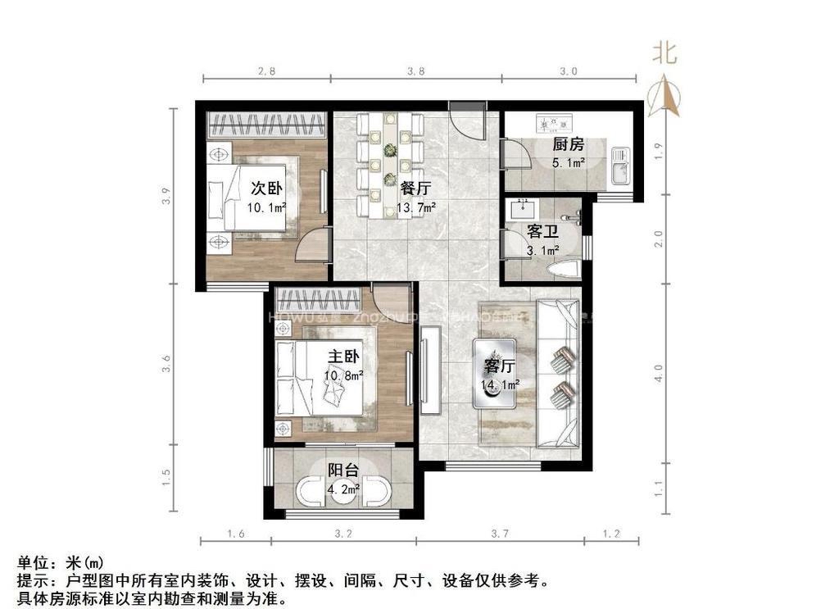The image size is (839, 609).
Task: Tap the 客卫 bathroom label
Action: [x=542, y=232]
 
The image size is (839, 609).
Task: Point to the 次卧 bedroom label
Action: [x=266, y=187]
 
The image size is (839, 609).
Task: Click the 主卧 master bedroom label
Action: [x=343, y=357]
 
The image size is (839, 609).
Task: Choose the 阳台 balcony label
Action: [x=342, y=470]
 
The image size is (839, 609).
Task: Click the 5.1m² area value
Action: [x=568, y=162]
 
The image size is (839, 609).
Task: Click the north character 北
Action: [x=664, y=54]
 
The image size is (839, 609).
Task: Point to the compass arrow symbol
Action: [x=664, y=94]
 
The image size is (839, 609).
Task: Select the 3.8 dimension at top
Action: [x=416, y=71]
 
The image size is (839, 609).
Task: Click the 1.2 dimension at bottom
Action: [x=611, y=534]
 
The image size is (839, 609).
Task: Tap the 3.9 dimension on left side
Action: [x=166, y=197]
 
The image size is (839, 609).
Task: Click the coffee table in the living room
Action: [x=495, y=373]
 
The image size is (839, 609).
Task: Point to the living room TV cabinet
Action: [x=430, y=369]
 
